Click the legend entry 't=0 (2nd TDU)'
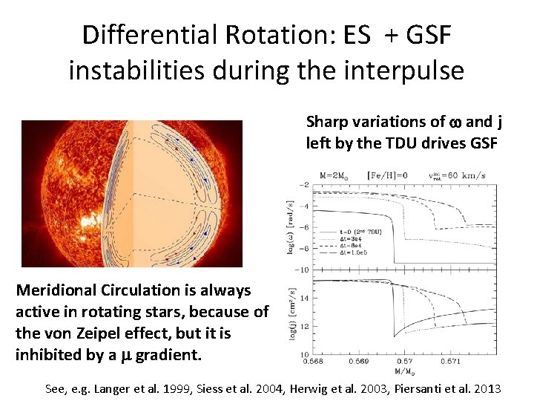(355, 232)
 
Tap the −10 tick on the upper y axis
(303, 269)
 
